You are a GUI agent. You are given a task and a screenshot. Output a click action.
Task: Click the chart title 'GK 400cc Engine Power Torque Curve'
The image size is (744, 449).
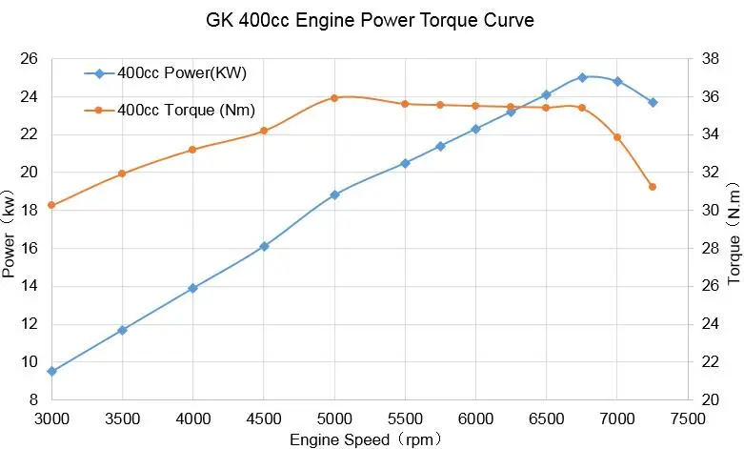pos(372,19)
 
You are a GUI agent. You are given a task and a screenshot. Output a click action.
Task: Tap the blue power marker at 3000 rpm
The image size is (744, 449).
pos(51,371)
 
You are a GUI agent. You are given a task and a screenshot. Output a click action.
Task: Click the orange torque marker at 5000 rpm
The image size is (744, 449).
pos(334,97)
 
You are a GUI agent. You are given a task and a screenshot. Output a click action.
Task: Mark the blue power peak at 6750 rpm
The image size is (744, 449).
pos(582,77)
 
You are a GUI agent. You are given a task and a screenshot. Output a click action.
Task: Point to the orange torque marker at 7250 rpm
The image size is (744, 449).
pos(653,187)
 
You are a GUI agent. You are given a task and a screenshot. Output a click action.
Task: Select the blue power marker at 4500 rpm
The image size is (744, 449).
pos(264,246)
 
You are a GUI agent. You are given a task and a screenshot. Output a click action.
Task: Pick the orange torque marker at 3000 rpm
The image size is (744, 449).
pos(51,205)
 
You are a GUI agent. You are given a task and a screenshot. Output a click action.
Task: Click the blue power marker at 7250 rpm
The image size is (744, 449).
pos(653,102)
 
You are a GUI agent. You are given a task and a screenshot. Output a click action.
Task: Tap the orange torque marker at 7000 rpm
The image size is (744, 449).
pos(617,137)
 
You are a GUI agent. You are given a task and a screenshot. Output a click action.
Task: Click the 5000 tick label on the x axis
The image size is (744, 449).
pos(334,418)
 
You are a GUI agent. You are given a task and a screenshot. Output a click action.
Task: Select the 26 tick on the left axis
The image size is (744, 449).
pos(29,59)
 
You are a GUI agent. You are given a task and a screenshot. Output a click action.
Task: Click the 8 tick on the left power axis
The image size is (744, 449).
pos(32,399)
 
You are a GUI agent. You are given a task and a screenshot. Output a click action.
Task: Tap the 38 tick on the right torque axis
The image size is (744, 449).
pos(709,59)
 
